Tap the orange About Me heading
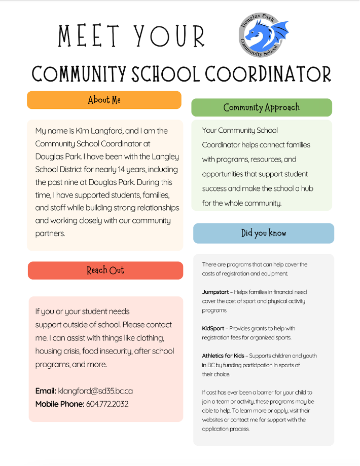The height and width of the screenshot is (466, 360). tap(104, 100)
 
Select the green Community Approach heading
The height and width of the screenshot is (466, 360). tap(262, 107)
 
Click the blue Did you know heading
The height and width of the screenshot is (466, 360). tap(264, 233)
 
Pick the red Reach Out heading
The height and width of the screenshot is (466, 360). tap(105, 270)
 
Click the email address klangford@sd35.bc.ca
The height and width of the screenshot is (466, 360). tap(95, 391)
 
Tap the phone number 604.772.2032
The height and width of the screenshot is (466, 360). tap(107, 404)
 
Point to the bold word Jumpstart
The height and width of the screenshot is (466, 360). tap(215, 292)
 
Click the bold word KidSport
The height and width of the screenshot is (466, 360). tap(213, 329)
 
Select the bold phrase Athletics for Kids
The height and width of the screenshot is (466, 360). tap(223, 356)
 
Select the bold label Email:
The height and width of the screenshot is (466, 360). tap(46, 391)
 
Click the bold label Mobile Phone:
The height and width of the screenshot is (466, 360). tap(59, 404)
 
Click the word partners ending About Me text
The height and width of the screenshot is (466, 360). tap(50, 234)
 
